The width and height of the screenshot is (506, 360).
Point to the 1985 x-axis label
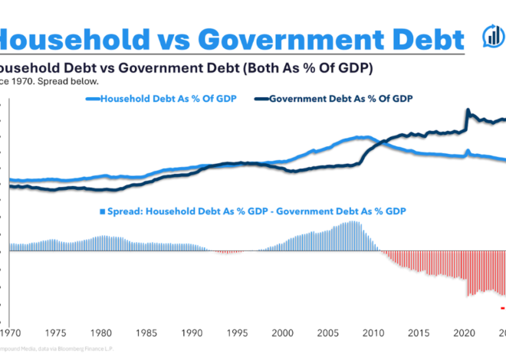148,333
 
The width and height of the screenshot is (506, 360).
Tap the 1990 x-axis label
193,333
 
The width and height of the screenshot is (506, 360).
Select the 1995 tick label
238,333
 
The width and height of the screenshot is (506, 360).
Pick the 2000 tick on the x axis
284,333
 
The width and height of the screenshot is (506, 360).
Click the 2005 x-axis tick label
328,333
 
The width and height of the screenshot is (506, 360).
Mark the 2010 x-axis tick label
373,333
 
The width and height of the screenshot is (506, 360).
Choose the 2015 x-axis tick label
419,333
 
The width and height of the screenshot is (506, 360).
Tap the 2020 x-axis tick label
464,333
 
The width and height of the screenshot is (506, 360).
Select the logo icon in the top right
491,36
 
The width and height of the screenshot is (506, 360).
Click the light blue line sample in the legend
94,98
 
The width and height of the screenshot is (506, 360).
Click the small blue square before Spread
100,211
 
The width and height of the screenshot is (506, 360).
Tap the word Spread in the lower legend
123,211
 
